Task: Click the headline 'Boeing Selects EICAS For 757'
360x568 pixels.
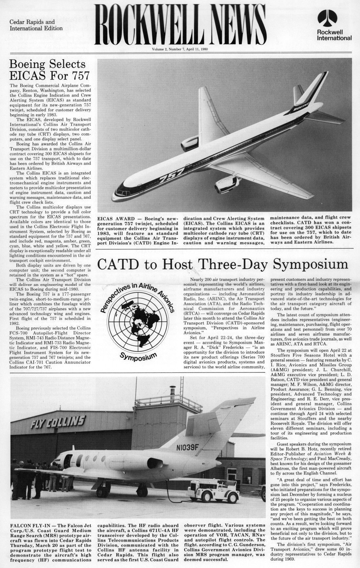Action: pyautogui.click(x=49, y=69)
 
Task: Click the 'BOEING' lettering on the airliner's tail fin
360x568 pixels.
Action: pyautogui.click(x=301, y=105)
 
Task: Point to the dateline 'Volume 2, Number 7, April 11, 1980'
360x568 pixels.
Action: pyautogui.click(x=180, y=49)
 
